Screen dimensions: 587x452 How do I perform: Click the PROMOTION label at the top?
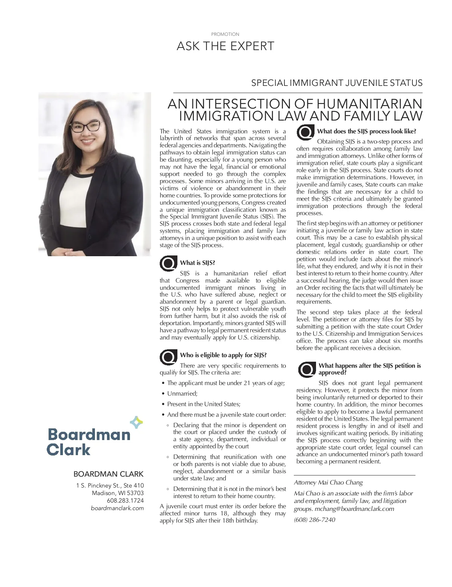pyautogui.click(x=225, y=34)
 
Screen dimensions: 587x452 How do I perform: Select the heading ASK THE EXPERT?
pyautogui.click(x=225, y=46)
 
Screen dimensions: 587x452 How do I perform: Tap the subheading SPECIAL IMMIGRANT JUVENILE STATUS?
pyautogui.click(x=337, y=83)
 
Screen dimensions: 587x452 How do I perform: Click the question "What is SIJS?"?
pyautogui.click(x=197, y=263)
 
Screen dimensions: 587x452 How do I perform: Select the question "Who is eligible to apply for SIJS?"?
pyautogui.click(x=223, y=355)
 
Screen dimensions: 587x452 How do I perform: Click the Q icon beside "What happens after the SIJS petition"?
pyautogui.click(x=307, y=369)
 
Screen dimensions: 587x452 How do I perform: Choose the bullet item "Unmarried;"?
pyautogui.click(x=182, y=393)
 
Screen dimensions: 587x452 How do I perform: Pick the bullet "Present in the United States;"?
pyautogui.click(x=204, y=404)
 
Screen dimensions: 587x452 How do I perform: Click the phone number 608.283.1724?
pyautogui.click(x=125, y=501)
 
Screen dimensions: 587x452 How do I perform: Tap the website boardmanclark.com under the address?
pyautogui.click(x=117, y=508)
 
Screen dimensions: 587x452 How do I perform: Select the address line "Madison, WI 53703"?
pyautogui.click(x=118, y=493)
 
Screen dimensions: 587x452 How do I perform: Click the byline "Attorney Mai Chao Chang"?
pyautogui.click(x=328, y=483)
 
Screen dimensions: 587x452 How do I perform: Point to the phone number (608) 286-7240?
pyautogui.click(x=315, y=520)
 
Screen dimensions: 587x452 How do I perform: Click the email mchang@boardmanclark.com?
pyautogui.click(x=354, y=509)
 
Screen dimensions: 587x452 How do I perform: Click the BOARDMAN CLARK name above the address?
pyautogui.click(x=108, y=474)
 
